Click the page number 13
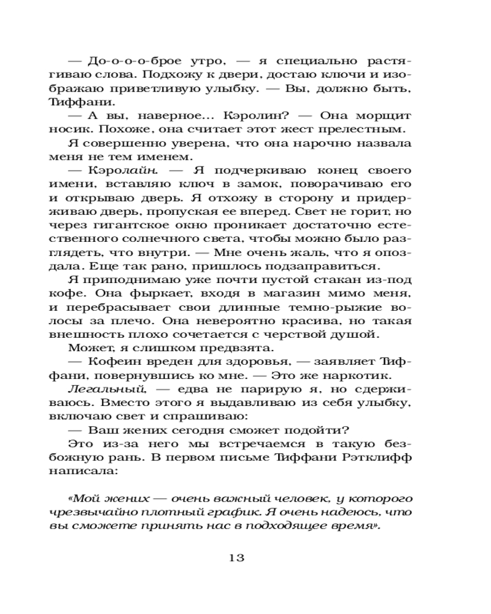pos(236,558)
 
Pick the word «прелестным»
pos(371,130)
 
